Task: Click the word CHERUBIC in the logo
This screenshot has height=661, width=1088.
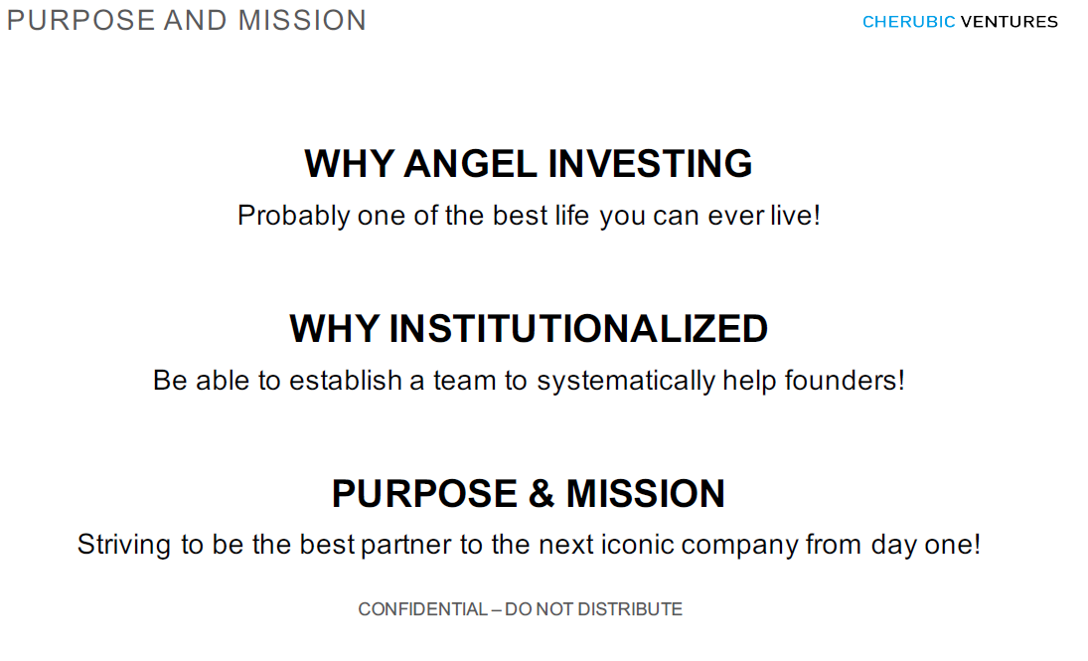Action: click(x=908, y=22)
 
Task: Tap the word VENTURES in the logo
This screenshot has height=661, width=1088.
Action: click(x=1009, y=22)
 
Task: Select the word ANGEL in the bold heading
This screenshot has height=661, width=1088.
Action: click(x=470, y=164)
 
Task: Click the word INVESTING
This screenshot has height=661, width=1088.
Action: click(x=650, y=164)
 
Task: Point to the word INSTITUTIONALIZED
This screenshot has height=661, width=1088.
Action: click(x=578, y=328)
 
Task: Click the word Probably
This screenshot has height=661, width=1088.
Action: click(x=293, y=216)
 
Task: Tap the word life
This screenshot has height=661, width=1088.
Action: click(x=571, y=216)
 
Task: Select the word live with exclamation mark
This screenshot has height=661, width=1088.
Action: click(x=795, y=216)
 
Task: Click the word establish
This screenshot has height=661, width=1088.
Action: click(x=345, y=381)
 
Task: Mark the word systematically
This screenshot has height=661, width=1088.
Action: click(x=625, y=381)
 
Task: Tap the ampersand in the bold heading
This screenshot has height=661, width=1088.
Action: click(x=542, y=494)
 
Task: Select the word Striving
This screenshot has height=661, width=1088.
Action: click(x=123, y=545)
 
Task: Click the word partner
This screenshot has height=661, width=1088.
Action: click(x=406, y=545)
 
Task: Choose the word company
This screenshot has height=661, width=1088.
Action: click(x=739, y=546)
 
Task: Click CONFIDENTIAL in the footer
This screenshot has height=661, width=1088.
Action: click(x=422, y=609)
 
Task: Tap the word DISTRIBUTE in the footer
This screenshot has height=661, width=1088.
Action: click(x=629, y=609)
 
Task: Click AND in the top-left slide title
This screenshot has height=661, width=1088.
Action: click(x=195, y=21)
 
